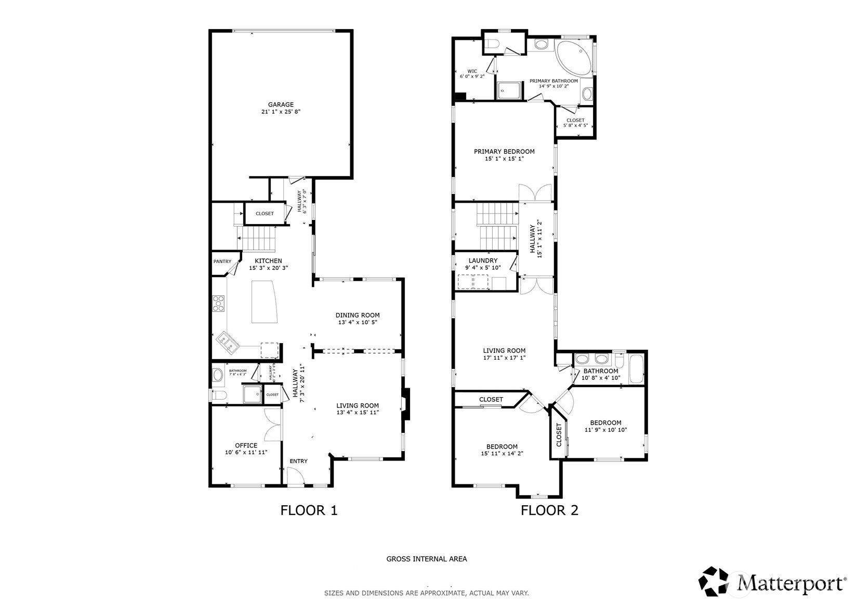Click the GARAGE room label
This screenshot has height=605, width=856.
(281, 104)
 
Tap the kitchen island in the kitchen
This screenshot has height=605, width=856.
(265, 301)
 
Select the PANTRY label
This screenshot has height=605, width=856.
(222, 261)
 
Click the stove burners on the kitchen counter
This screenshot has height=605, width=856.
(218, 302)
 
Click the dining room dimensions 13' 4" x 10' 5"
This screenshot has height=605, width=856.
(357, 322)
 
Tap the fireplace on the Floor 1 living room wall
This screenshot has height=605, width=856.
(406, 404)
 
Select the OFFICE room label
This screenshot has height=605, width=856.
(246, 445)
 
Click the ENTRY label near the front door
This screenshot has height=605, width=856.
(298, 461)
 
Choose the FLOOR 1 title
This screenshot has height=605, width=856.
(309, 510)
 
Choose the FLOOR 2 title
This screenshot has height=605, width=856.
(549, 510)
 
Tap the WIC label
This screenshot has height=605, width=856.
(472, 71)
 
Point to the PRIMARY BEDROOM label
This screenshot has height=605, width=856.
(504, 152)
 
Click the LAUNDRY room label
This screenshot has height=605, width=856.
(483, 261)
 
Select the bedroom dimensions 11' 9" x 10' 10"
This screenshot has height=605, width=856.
(605, 430)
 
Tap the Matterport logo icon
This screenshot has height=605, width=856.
(716, 581)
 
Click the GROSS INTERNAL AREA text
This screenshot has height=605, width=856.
(426, 559)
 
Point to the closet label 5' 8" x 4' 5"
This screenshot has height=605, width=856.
(575, 125)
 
